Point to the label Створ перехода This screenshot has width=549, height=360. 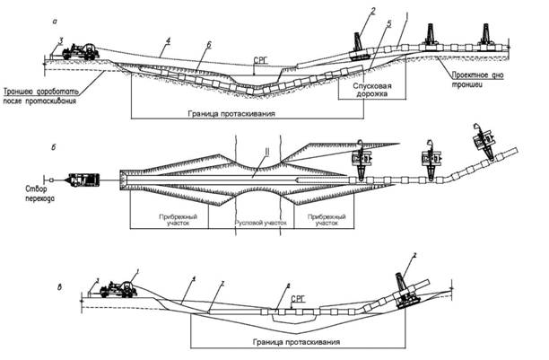click(x=29, y=197)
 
